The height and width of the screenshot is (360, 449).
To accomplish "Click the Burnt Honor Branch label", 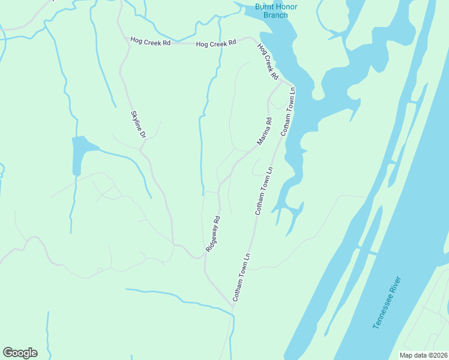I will [x=276, y=11].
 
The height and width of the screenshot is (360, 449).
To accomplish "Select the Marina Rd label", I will [x=265, y=131].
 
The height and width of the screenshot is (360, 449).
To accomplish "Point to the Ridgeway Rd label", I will [x=213, y=233].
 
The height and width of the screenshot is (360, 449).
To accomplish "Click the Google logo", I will [x=20, y=353].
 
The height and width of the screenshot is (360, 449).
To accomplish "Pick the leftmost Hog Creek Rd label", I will [x=151, y=41].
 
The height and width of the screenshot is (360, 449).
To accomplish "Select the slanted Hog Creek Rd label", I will [x=268, y=62].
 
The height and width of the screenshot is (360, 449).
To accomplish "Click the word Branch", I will [x=276, y=15].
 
